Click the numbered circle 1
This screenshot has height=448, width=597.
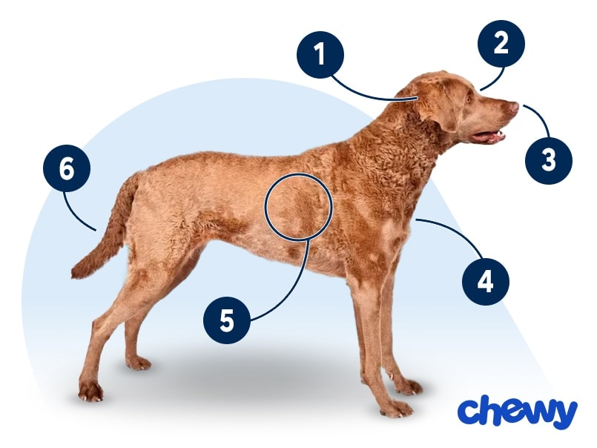(320, 55)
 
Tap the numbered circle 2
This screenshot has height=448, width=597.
(501, 44)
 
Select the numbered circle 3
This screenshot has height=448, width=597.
(548, 160)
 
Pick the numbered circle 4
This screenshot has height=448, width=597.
(486, 282)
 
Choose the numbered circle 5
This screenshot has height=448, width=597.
(227, 320)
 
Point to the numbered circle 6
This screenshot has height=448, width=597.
(67, 168)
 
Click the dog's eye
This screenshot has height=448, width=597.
(469, 99)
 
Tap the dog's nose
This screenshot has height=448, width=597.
(513, 107)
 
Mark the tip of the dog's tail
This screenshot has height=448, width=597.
(73, 273)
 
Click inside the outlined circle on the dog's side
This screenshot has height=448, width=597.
(298, 207)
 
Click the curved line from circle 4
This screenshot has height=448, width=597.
(456, 231)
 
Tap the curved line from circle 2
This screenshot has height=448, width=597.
(496, 81)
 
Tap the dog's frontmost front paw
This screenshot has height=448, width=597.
(396, 409)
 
